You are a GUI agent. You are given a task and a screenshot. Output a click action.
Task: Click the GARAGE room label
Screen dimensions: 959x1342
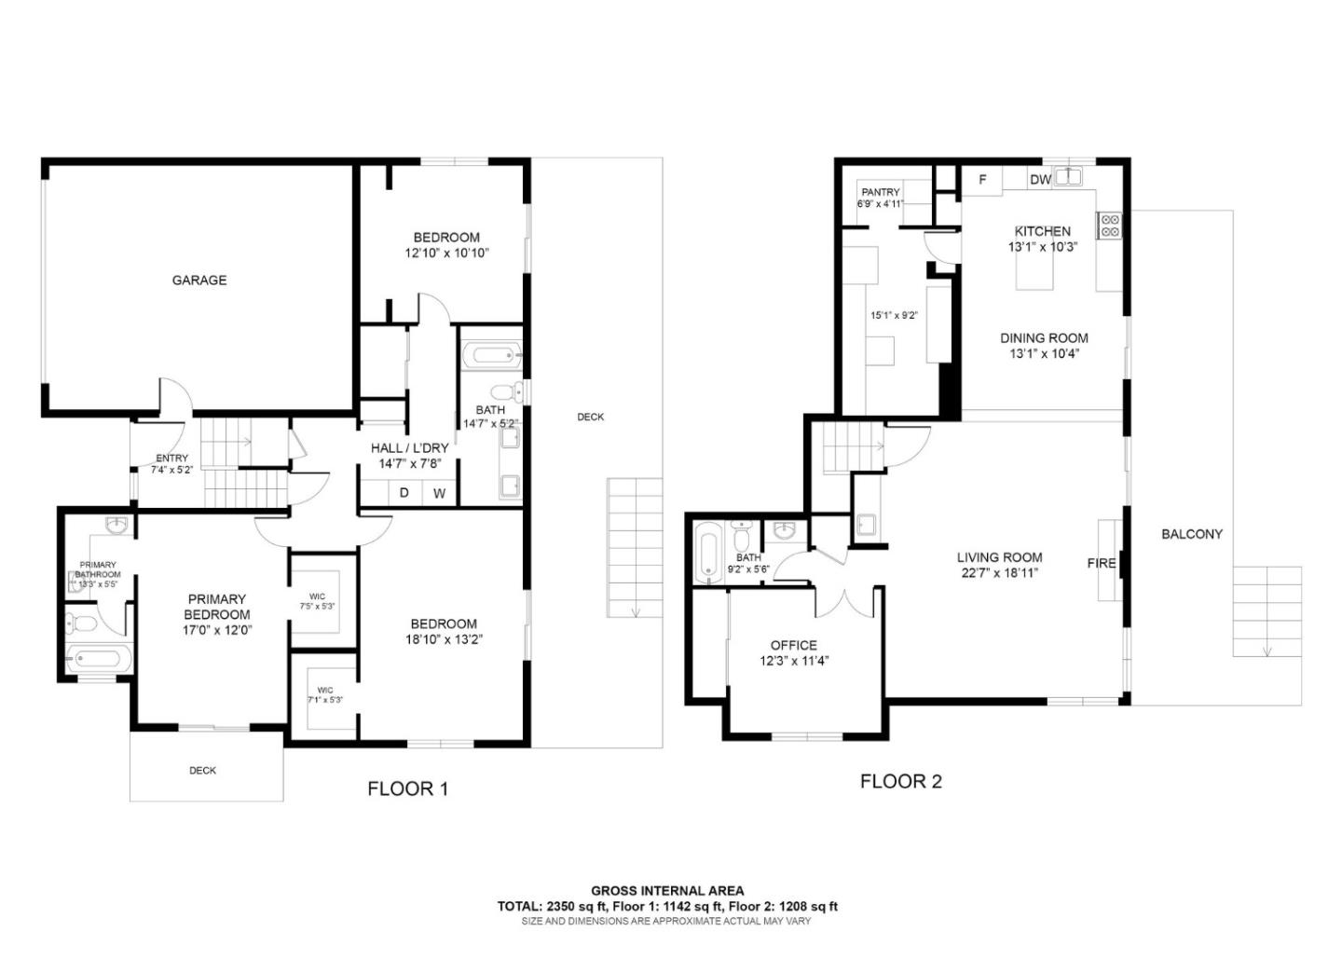(x=199, y=280)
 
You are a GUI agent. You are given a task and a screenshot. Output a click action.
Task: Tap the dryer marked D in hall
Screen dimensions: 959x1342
(x=404, y=492)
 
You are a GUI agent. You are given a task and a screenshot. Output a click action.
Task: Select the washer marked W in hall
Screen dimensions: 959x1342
(x=439, y=493)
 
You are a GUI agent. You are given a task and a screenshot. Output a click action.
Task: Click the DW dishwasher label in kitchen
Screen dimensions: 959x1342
(x=1040, y=179)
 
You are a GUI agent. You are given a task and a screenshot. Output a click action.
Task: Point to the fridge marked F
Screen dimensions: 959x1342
(x=982, y=179)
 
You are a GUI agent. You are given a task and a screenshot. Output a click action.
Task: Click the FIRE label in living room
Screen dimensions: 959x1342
(x=1101, y=563)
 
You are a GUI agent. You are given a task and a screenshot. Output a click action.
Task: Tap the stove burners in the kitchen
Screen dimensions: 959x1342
(x=1110, y=225)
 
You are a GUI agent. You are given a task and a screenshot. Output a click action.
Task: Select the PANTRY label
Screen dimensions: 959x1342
(x=880, y=192)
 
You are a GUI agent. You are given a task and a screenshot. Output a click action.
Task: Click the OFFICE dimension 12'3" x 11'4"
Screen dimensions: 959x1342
(x=794, y=661)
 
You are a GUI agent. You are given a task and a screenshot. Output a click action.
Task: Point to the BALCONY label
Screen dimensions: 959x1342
(x=1191, y=534)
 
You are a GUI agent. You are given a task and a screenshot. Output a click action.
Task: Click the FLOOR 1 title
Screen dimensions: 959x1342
(x=407, y=788)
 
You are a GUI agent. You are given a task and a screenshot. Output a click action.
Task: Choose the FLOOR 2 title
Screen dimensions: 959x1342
(x=900, y=781)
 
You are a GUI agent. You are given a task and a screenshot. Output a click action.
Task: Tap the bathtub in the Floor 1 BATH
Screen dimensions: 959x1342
(x=491, y=354)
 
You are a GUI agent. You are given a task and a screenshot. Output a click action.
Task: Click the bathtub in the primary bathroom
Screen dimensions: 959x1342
(x=98, y=659)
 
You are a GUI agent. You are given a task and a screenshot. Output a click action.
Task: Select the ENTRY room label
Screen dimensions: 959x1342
(x=171, y=458)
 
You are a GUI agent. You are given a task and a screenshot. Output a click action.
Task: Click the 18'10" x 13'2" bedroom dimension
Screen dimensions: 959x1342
(x=443, y=639)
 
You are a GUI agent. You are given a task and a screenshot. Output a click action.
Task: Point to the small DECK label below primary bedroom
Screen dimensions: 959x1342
(x=202, y=770)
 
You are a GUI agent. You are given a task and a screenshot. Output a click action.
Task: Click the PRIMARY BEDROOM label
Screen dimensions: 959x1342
(x=217, y=607)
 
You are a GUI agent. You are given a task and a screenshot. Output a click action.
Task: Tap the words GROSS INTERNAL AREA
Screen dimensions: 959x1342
(x=667, y=891)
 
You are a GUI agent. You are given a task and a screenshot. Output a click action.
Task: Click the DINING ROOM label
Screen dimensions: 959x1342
(x=1044, y=338)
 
